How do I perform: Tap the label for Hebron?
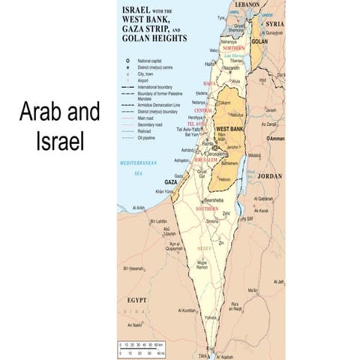tap(225, 179)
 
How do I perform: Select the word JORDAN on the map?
tap(270, 177)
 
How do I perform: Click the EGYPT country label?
tap(136, 299)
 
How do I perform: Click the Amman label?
tap(277, 139)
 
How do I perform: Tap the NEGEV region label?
tap(203, 248)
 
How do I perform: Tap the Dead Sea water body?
tap(241, 175)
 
